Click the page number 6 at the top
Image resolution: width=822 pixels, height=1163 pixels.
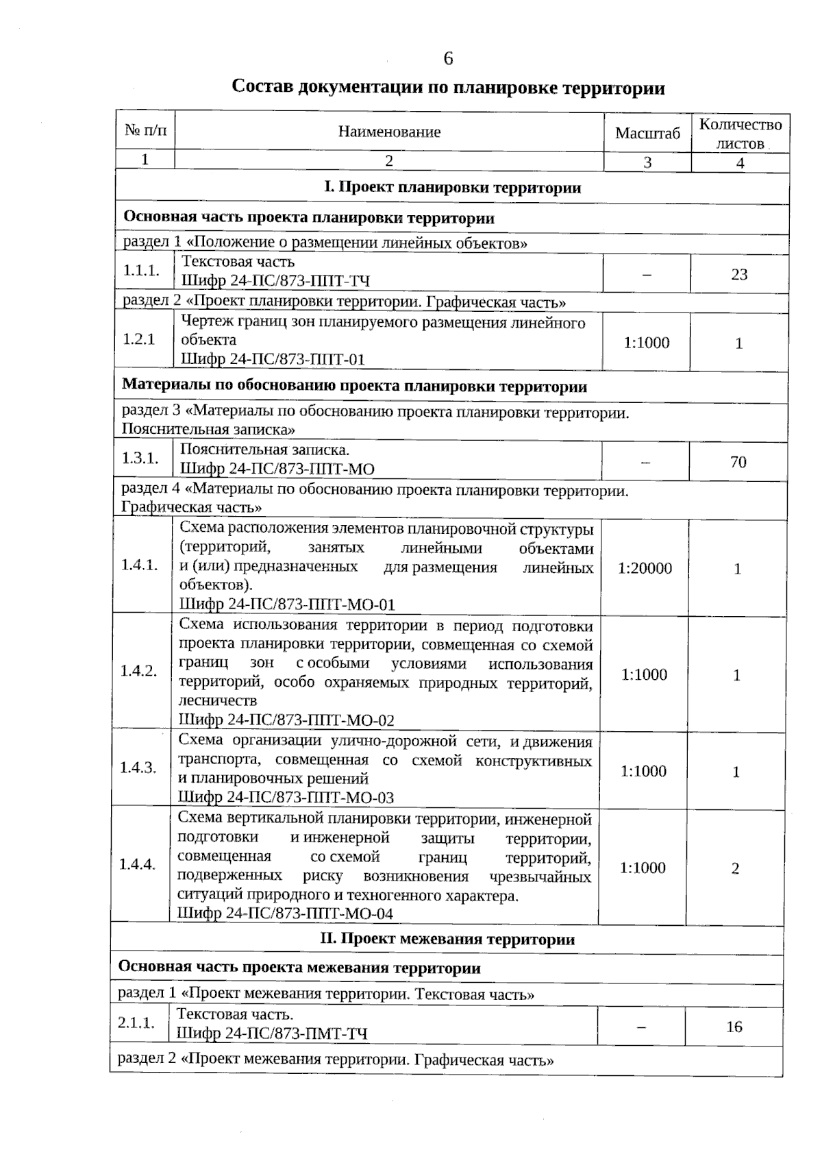tap(448, 59)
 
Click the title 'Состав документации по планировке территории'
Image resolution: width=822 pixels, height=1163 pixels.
tap(448, 88)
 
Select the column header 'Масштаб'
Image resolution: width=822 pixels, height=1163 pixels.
tap(647, 133)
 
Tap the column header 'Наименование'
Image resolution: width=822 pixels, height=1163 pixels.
tap(389, 132)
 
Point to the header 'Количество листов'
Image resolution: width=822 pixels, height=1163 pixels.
tap(740, 134)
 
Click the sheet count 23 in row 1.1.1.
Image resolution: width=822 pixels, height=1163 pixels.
tap(739, 274)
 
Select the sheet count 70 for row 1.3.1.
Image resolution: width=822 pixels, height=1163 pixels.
tap(738, 462)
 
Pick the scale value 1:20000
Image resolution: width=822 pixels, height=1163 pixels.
tap(645, 568)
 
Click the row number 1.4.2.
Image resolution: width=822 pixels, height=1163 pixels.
tap(138, 671)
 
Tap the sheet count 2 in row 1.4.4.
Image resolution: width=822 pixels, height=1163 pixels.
tap(735, 868)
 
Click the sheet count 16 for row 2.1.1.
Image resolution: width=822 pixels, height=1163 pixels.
tap(734, 1027)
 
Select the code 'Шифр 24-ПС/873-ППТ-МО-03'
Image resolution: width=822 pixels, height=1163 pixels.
tap(286, 797)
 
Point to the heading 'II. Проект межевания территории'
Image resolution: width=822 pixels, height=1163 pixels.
tap(447, 939)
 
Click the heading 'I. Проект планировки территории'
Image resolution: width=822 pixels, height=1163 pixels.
tap(452, 188)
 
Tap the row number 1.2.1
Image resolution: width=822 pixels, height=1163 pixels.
tap(138, 339)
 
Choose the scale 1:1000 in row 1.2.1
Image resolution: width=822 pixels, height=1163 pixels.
tap(646, 343)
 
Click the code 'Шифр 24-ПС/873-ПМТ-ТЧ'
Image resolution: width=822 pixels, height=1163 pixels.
tap(272, 1033)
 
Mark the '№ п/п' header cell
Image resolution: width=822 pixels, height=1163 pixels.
tap(145, 130)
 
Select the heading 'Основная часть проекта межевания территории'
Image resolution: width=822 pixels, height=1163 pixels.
tap(299, 968)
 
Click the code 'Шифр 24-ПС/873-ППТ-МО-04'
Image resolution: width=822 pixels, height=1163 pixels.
tap(286, 913)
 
